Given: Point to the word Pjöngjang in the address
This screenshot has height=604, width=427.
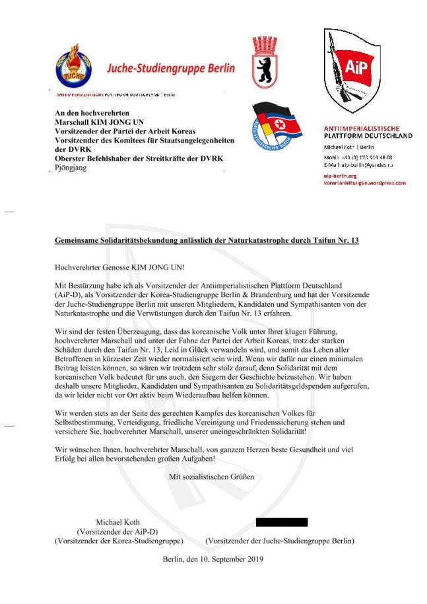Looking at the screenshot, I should coord(71,168).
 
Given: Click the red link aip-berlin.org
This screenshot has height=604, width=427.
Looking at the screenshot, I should coord(340,176).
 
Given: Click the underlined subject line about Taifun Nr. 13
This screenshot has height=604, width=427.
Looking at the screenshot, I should coord(207,242).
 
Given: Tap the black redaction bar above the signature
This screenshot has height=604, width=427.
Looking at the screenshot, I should coord(281,521).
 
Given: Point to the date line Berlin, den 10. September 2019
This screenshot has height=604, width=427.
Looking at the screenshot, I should coord(213,559).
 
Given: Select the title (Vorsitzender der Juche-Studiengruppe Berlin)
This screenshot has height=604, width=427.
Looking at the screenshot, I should coord(280,541).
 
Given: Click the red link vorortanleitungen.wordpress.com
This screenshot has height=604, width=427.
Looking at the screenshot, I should coord(364,183).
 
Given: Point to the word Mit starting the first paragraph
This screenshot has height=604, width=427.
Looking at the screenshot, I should coord(61,284).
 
